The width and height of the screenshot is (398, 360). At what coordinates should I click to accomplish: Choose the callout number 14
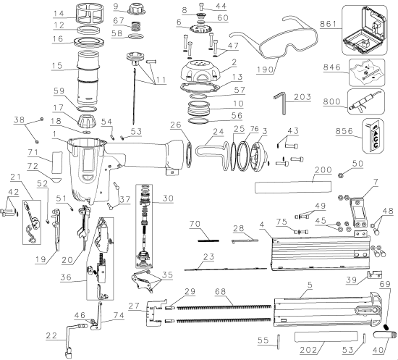pos(60,14)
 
